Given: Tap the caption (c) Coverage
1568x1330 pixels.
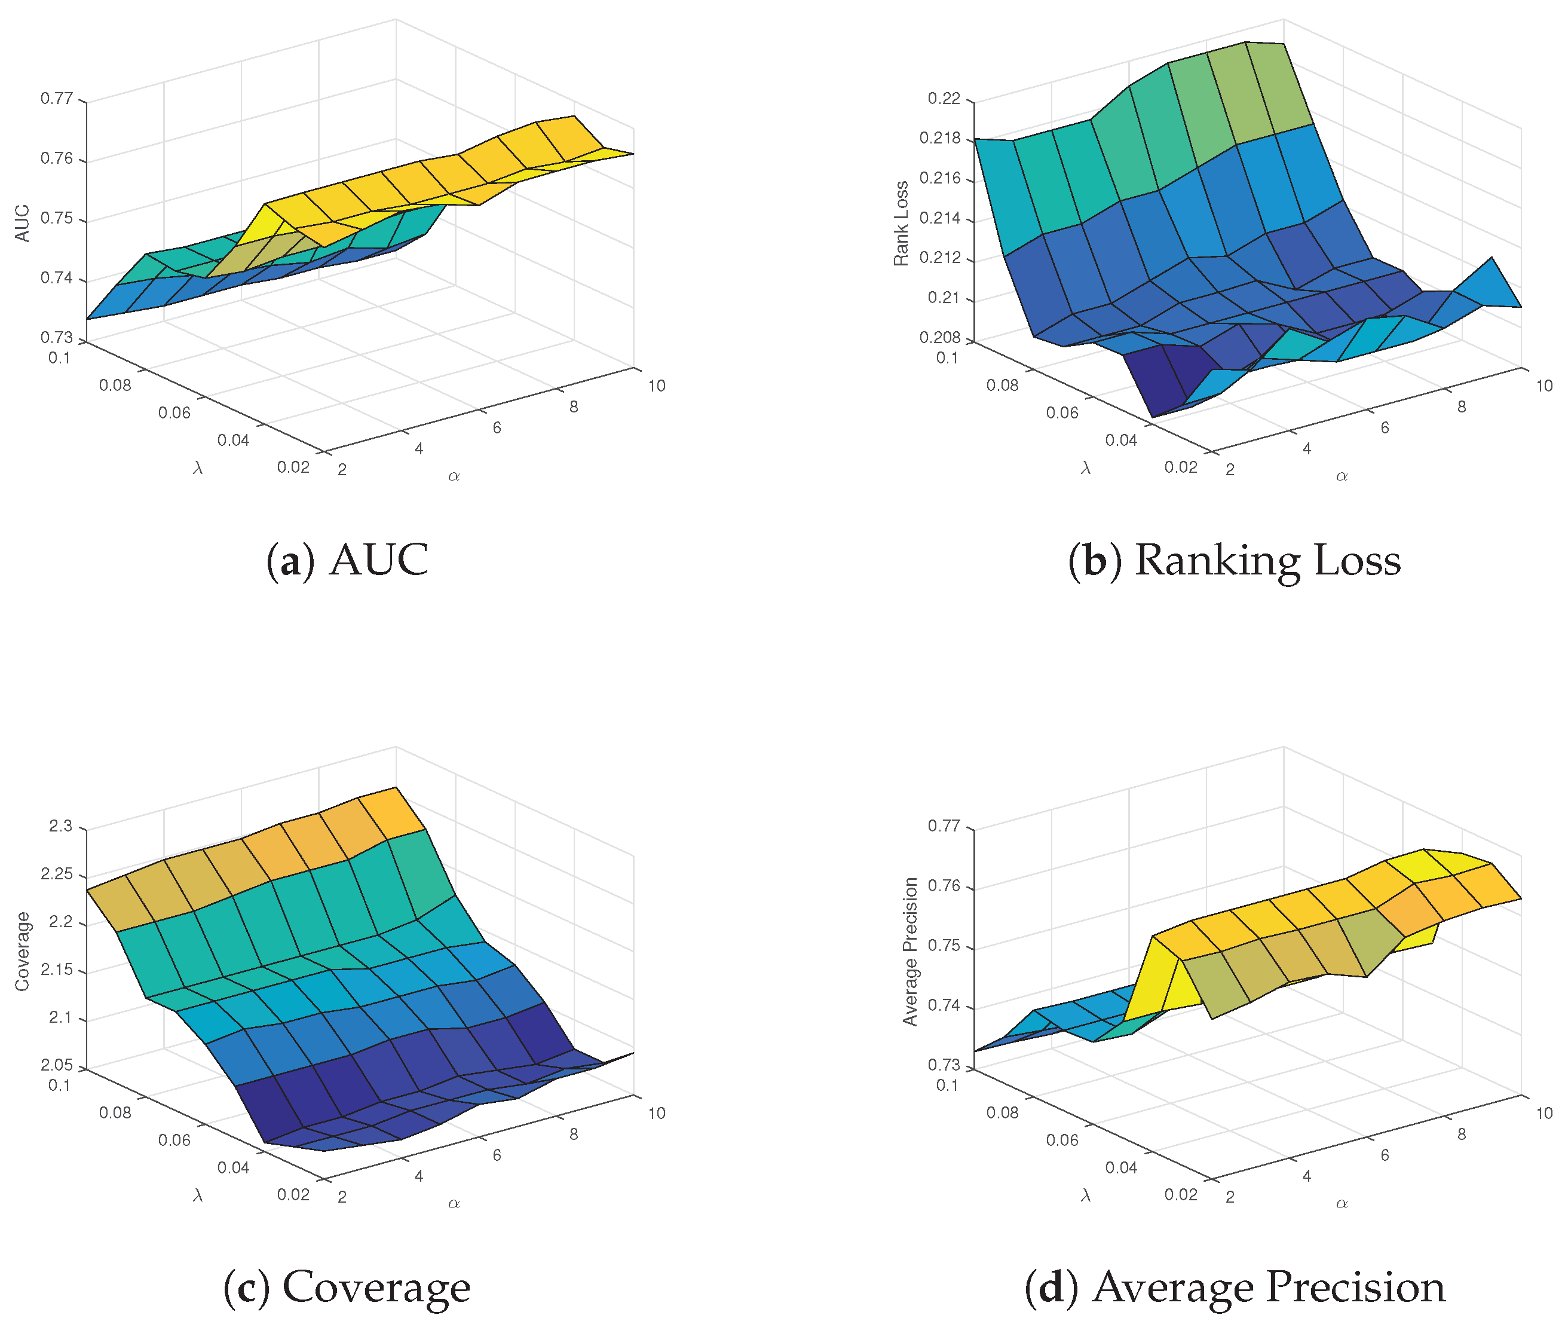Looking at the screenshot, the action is pos(347,1287).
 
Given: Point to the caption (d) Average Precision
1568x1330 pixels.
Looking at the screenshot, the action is pos(1235,1287).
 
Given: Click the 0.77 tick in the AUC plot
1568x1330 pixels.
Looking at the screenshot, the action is pos(57,98).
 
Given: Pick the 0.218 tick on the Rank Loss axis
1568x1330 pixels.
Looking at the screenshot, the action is pos(940,138).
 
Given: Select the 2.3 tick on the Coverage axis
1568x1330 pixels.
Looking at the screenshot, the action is pos(61,825).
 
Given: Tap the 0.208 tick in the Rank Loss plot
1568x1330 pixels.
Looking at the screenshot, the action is pos(940,337).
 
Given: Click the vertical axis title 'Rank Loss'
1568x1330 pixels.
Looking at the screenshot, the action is pos(901,223).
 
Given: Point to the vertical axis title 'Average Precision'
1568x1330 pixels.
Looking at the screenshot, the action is pos(911,952).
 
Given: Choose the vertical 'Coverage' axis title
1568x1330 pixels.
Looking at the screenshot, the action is pos(22,952).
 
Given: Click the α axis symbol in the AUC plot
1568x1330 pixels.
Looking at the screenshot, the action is pos(454,476).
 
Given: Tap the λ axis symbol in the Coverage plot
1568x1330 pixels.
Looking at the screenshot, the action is pos(198,1195).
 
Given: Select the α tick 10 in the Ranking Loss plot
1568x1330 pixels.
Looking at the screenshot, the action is pos(1545,386).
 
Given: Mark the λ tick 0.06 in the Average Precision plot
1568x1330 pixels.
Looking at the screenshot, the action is pos(1062,1140).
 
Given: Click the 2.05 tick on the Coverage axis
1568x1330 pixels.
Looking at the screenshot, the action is pos(57,1065).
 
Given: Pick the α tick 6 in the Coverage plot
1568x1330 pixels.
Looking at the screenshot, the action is pos(497,1155).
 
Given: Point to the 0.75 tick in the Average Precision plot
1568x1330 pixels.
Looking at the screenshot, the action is pos(945,946).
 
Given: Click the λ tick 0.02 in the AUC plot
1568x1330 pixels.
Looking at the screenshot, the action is pos(293,467).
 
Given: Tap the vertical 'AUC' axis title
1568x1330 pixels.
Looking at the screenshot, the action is pos(23,223).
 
